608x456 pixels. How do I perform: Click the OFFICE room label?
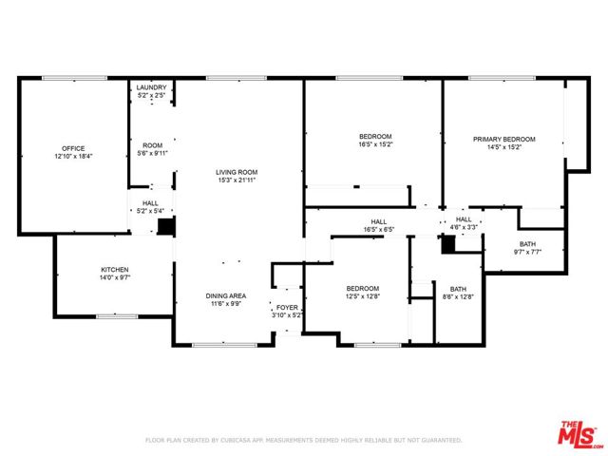point(73,148)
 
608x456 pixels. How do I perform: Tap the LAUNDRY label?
point(151,86)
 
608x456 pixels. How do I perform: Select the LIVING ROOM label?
point(237,172)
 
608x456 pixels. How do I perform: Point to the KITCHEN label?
point(114,270)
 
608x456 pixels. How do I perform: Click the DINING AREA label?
point(225,295)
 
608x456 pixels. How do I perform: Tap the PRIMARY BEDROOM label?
point(504,140)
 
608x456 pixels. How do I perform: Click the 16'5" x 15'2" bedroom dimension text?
point(375,146)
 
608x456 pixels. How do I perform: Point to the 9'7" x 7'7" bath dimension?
point(527,252)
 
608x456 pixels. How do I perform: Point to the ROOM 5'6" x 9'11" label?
point(152,145)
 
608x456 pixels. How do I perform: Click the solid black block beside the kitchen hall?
point(165,227)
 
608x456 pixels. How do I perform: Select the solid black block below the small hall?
point(449,242)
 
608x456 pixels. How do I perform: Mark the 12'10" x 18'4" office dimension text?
point(73,156)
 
